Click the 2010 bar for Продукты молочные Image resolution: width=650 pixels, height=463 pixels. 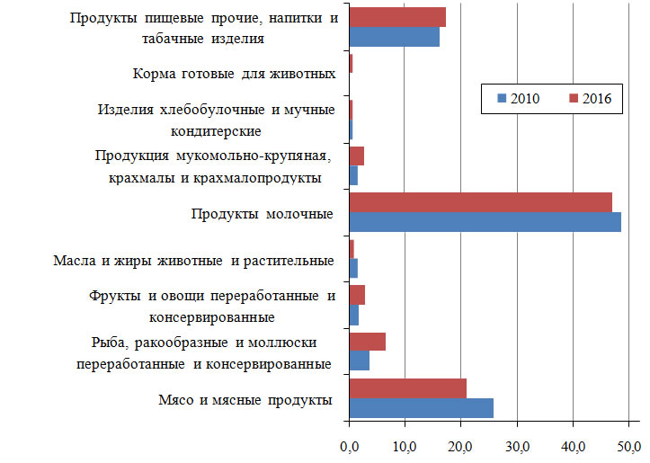(x=485, y=222)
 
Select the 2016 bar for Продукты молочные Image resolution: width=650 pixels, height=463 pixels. (x=480, y=202)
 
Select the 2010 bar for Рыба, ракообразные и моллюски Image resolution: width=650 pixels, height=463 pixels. (x=359, y=361)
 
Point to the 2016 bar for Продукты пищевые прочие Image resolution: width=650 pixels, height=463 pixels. (x=396, y=17)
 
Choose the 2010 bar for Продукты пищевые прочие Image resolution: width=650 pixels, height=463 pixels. (x=394, y=36)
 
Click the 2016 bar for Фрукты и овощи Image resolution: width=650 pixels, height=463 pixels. (x=357, y=295)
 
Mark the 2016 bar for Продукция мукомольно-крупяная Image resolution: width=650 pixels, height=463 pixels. (x=356, y=156)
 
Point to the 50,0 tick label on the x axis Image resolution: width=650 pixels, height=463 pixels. (x=628, y=445)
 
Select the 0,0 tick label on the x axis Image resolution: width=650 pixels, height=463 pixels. (x=349, y=445)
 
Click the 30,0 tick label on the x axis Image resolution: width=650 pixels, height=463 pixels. (x=517, y=445)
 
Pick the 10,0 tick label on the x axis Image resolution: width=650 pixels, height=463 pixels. (x=405, y=445)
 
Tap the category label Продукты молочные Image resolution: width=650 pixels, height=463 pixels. (x=262, y=213)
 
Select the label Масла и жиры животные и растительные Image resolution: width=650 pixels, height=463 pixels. (x=193, y=261)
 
